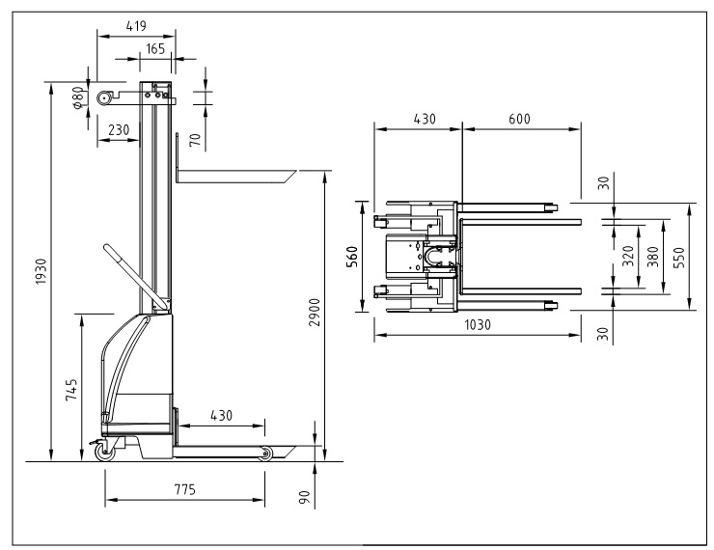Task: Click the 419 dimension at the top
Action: coord(136,26)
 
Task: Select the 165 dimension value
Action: coord(155,48)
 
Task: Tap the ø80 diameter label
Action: coord(78,97)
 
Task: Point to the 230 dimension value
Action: coord(119,130)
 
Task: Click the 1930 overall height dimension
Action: coord(41,271)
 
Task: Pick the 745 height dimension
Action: coord(71,390)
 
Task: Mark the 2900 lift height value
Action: coord(315,313)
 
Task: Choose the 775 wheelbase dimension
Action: coord(185,489)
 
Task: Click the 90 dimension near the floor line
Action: coord(304,497)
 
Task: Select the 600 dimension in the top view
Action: coord(519,119)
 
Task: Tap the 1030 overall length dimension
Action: coord(478,325)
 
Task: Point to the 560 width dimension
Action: coord(352,257)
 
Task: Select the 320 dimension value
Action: coord(628,257)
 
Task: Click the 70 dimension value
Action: coord(195,140)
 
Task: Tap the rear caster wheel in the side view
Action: coord(104,453)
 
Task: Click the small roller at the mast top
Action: coord(105,97)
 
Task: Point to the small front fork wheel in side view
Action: coord(265,454)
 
